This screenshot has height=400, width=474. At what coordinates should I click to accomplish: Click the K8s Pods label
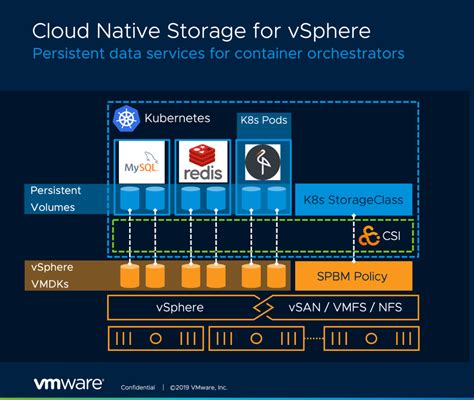point(262,121)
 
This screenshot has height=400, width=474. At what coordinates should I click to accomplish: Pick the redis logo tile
point(200,161)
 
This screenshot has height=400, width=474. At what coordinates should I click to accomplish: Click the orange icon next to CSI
point(368,236)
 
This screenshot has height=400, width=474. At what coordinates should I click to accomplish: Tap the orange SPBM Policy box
point(354,274)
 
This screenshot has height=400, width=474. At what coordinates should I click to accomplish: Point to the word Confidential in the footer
point(138,387)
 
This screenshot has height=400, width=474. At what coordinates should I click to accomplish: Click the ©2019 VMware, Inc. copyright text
point(199,387)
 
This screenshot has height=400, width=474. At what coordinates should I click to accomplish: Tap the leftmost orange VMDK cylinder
point(128,274)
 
